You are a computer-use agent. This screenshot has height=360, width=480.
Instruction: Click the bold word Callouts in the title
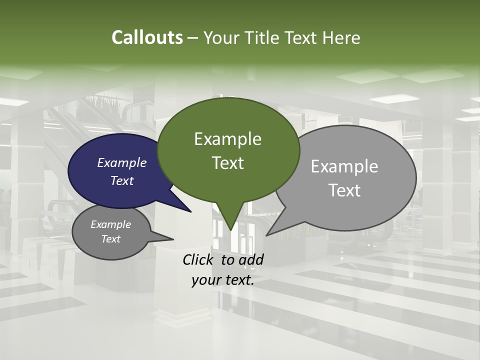coord(147,37)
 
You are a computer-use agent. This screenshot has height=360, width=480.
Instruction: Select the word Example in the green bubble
coord(227,139)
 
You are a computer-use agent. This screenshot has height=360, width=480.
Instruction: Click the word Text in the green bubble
coord(227,163)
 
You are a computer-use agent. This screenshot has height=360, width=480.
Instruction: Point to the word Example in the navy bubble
coord(122,162)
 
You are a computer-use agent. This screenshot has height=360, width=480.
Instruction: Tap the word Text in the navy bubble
coord(122,180)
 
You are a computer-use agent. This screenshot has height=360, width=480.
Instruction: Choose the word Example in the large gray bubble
coord(344,166)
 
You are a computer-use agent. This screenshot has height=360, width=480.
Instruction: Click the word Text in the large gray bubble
coord(344,190)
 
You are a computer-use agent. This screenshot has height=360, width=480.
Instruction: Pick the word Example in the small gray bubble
coord(111,224)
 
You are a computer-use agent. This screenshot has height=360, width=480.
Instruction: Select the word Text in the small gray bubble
coord(111,239)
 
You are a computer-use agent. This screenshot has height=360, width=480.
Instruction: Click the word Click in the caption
coord(199,259)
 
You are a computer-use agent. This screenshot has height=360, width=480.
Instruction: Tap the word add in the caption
coord(251,259)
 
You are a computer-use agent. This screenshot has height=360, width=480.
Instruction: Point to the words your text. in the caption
coord(223,280)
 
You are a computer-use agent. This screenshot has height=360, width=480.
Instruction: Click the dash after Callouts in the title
coord(193,38)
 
